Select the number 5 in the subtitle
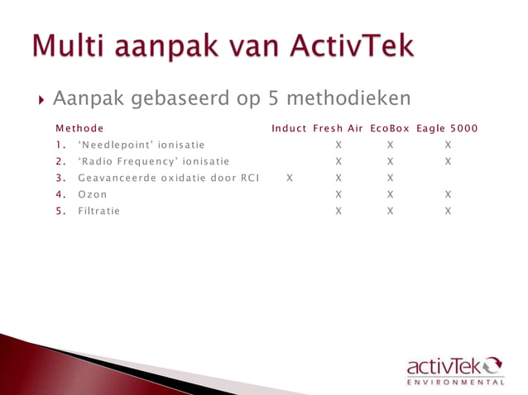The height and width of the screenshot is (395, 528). [275, 99]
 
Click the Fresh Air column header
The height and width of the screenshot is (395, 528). [338, 129]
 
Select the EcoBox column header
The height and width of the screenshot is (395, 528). [390, 129]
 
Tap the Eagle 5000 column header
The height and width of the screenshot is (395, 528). [447, 129]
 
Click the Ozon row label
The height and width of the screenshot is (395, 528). [93, 195]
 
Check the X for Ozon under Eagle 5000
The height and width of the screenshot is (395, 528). [448, 195]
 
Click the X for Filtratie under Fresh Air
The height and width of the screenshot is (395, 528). [338, 212]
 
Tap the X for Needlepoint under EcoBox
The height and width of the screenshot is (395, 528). [390, 145]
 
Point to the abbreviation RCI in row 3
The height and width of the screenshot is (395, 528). [249, 178]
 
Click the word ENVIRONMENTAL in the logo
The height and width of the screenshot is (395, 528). [455, 383]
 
